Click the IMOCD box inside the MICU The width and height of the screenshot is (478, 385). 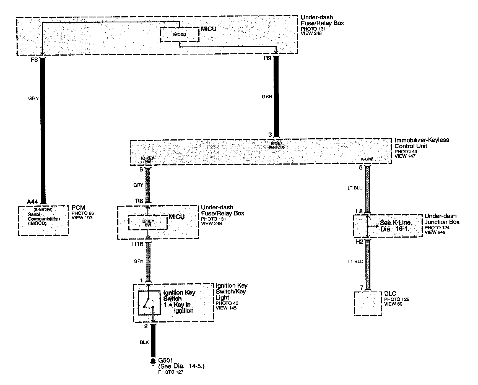click(180, 35)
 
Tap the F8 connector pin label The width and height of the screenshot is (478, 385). click(34, 60)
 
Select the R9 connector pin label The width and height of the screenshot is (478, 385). click(267, 59)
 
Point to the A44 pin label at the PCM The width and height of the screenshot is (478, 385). click(32, 202)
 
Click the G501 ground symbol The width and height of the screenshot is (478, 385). click(153, 361)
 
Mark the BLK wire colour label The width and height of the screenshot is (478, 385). click(144, 342)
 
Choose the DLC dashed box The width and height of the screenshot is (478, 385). click(368, 303)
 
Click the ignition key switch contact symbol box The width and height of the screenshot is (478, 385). click(149, 303)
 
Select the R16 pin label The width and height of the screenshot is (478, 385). click(137, 244)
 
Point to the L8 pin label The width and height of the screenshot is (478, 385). click(359, 211)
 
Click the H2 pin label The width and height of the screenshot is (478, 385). click(359, 242)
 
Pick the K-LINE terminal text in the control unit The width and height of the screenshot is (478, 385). click(367, 159)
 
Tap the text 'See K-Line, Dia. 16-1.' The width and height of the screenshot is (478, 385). click(396, 226)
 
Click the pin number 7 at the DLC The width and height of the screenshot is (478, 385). click(362, 288)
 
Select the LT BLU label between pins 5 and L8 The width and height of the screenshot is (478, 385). click(355, 188)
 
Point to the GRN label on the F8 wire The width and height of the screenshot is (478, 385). click(33, 98)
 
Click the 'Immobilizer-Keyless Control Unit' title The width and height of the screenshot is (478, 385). click(421, 143)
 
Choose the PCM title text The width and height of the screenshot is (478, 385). click(78, 207)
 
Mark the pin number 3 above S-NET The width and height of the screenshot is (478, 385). click(270, 135)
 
